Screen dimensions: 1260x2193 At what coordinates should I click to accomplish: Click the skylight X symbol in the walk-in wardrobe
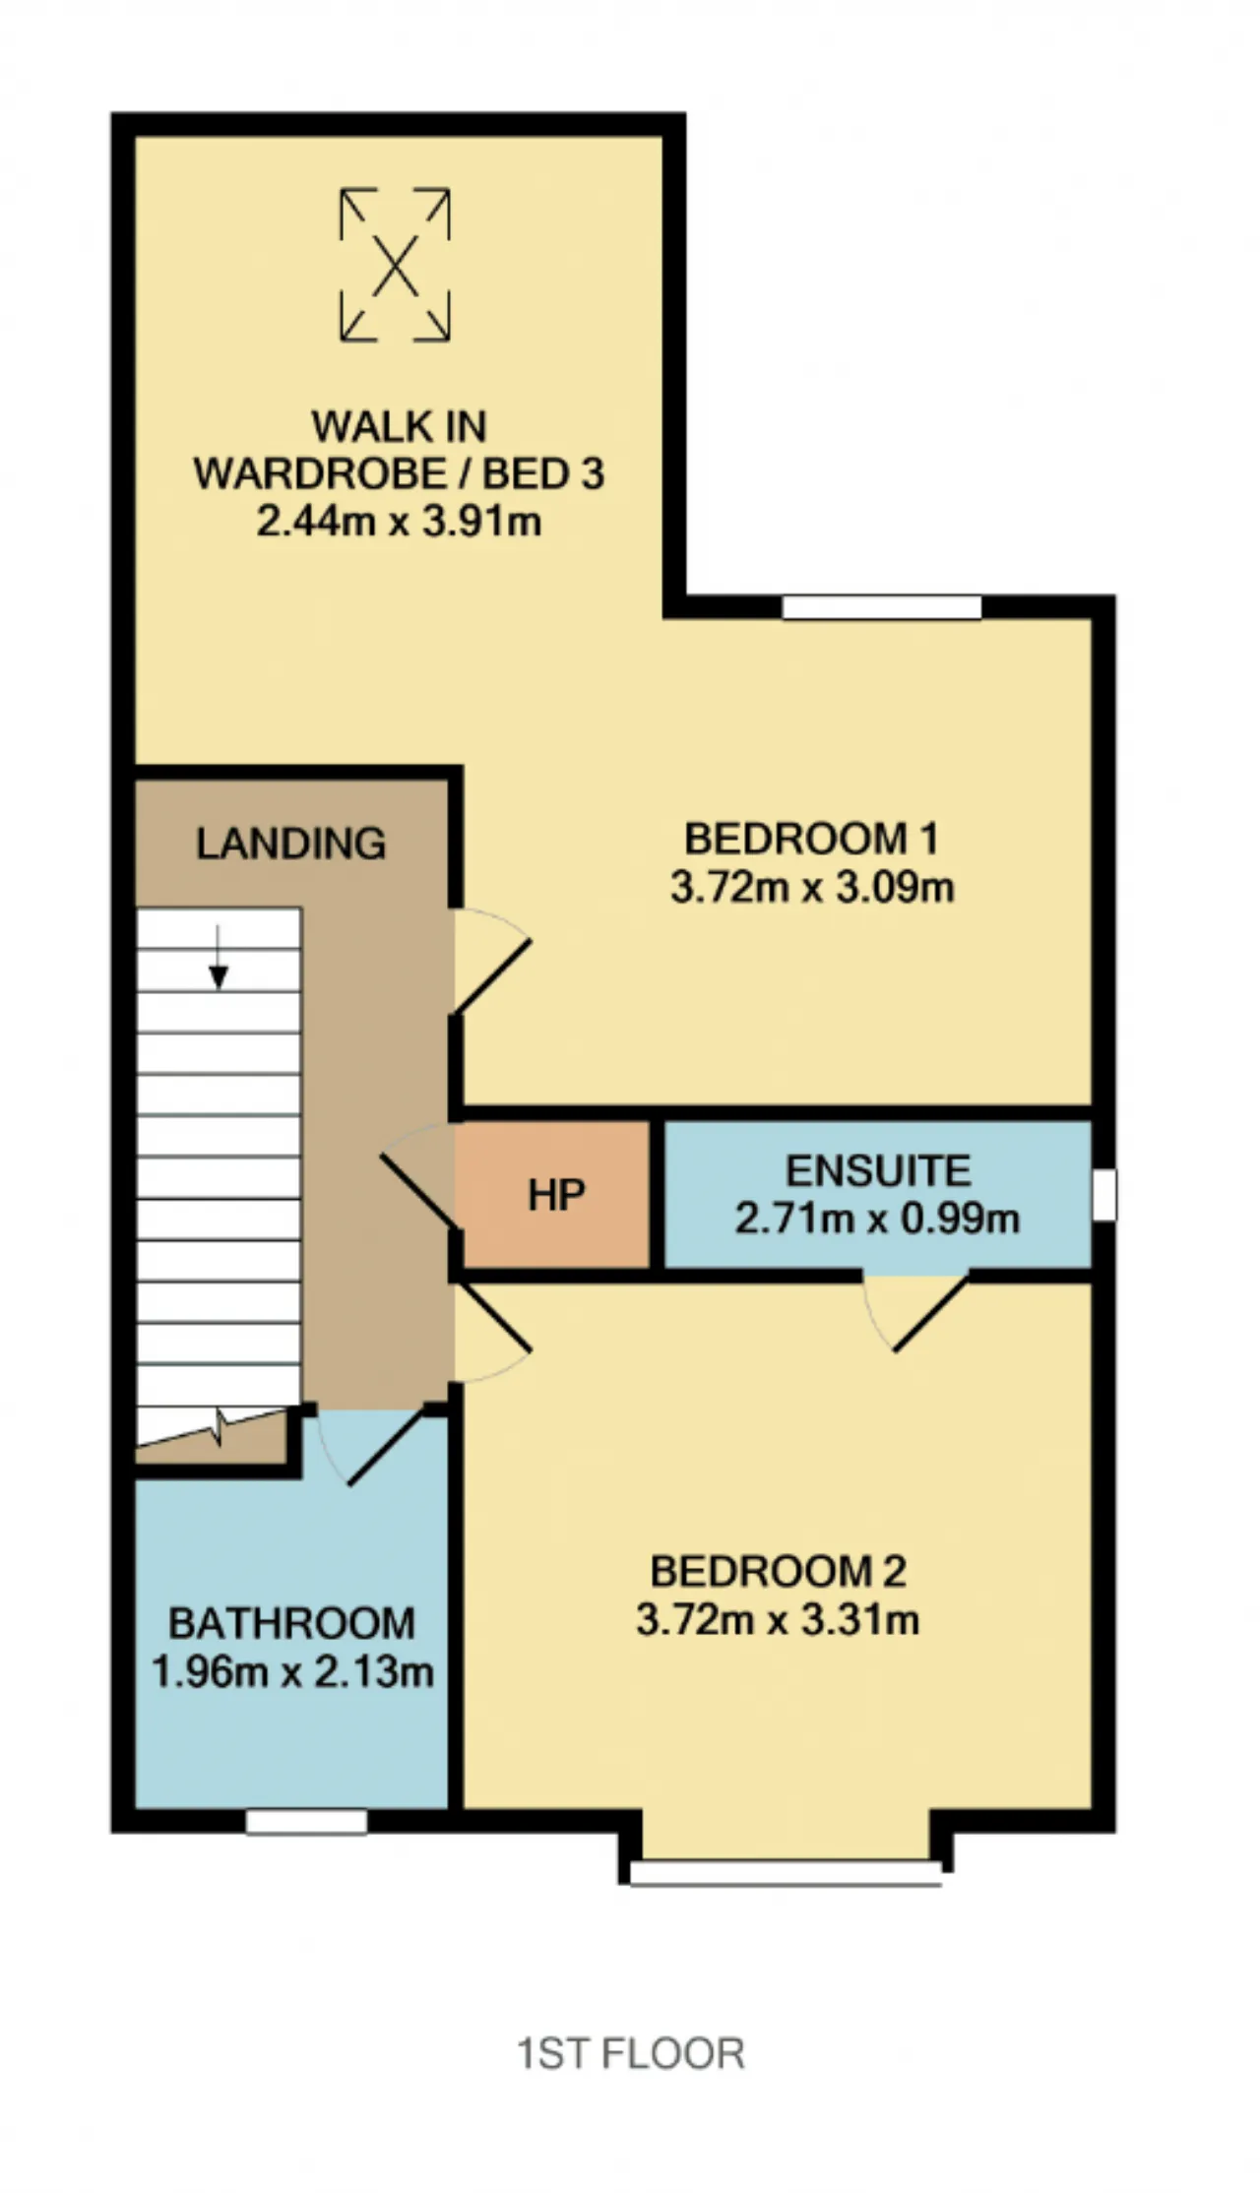[395, 265]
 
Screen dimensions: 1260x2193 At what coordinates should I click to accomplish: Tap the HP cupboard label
[556, 1195]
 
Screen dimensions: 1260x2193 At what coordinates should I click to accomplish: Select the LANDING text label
[291, 844]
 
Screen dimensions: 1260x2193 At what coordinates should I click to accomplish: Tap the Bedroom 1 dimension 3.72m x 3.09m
[812, 888]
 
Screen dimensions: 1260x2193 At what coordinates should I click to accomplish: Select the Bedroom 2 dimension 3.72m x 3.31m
[778, 1619]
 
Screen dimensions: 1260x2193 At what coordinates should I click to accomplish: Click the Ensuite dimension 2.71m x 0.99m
[877, 1219]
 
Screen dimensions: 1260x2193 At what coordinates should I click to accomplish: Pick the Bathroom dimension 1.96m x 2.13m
[292, 1671]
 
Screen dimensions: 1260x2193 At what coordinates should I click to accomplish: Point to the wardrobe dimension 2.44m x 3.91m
[399, 521]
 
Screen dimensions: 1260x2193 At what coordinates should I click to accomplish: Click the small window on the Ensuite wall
[1104, 1195]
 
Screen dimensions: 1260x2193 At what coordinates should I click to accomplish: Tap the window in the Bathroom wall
[306, 1823]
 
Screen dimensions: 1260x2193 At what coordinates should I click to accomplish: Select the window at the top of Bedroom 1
[882, 607]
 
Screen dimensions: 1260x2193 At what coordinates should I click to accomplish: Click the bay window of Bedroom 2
[786, 1873]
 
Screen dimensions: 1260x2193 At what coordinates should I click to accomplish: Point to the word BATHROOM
[291, 1624]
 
